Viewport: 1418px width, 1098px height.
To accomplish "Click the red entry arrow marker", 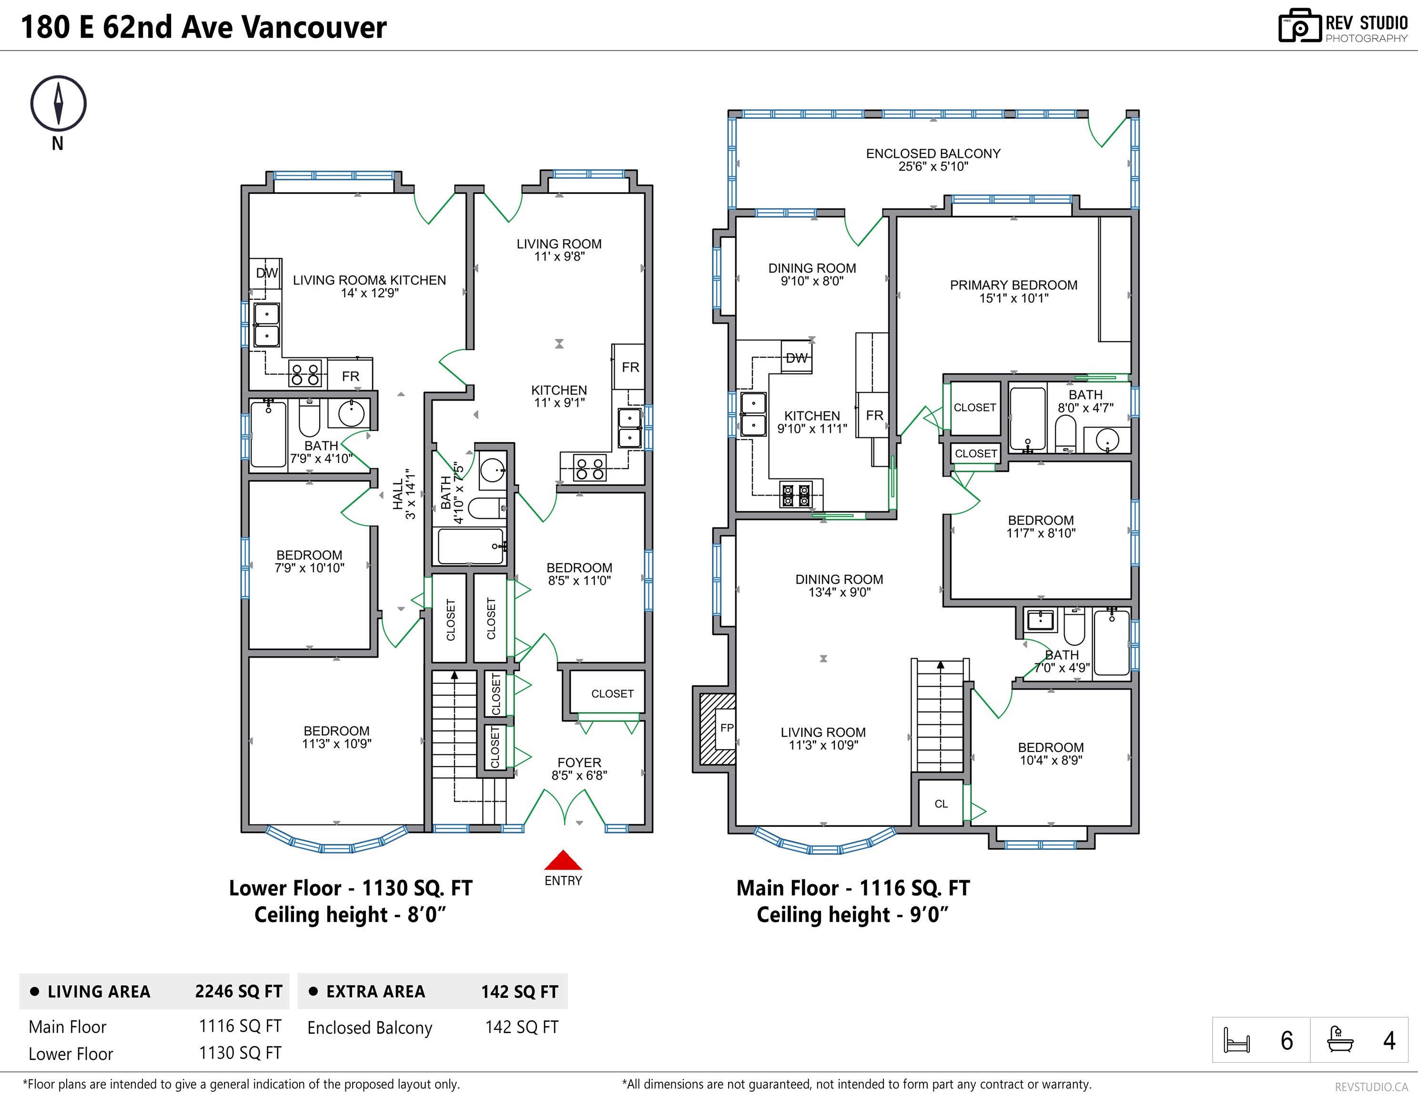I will point(563,861).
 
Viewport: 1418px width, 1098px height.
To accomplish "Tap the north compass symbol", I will point(59,104).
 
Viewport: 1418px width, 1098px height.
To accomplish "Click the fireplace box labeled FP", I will point(725,728).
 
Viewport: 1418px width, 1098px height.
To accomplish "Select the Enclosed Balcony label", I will point(933,160).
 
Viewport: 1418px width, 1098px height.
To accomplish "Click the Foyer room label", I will point(579,769).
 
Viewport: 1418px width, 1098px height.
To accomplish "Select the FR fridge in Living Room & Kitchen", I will point(351,376).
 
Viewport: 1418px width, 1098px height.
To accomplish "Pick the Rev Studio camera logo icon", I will point(1299,27).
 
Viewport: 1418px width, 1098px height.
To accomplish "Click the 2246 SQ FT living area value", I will point(238,992).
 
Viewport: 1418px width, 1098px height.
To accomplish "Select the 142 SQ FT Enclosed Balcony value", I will point(521,1027).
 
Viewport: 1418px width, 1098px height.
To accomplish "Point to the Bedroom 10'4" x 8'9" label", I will point(1051,754).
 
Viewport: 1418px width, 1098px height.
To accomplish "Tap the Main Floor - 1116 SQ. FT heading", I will point(852,888).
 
